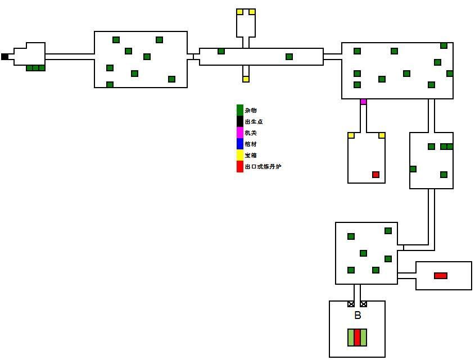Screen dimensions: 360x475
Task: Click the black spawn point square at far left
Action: (x=4, y=57)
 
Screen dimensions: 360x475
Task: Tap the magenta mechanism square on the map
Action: (x=363, y=102)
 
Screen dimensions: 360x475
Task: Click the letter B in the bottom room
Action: (x=358, y=316)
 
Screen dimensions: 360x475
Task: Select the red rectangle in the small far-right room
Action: (x=441, y=276)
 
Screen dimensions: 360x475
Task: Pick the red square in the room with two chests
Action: (x=376, y=175)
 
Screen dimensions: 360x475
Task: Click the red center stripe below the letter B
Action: (x=357, y=338)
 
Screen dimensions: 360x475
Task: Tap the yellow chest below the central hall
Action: (x=246, y=79)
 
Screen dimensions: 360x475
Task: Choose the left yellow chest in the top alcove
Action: (x=239, y=12)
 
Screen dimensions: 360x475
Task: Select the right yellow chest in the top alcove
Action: (x=252, y=12)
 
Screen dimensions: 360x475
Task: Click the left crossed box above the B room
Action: (x=351, y=304)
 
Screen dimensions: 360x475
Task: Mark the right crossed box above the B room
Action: (x=364, y=304)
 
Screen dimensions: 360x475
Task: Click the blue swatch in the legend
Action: (x=240, y=144)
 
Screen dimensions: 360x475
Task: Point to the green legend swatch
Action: (x=240, y=110)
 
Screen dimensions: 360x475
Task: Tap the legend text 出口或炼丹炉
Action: (x=263, y=167)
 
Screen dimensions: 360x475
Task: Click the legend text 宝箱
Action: (x=251, y=156)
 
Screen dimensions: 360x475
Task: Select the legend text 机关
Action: (x=251, y=133)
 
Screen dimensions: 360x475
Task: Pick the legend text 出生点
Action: (x=254, y=122)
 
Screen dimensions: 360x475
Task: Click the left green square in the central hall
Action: (x=221, y=51)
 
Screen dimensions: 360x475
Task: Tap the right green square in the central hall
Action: (x=289, y=57)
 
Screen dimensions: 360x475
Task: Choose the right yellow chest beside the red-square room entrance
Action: (x=382, y=135)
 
